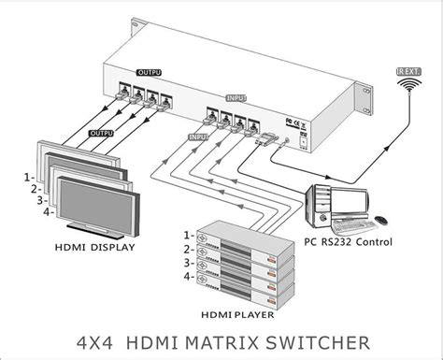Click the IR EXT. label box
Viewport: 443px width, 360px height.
click(x=407, y=68)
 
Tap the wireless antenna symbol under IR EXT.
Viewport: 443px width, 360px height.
click(x=407, y=85)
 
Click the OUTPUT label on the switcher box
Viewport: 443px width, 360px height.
click(x=149, y=71)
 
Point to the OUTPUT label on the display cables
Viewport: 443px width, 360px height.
click(x=101, y=133)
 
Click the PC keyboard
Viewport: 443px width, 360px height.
click(x=354, y=224)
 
